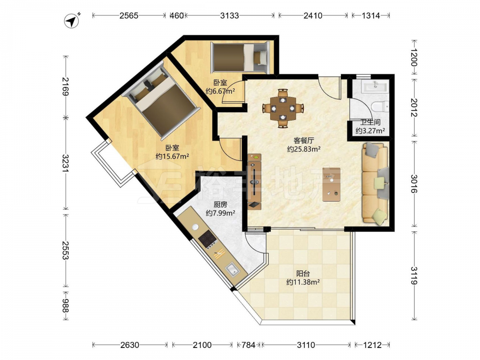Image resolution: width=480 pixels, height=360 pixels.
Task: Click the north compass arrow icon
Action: (x=72, y=21)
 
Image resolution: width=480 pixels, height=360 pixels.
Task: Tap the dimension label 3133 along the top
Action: (x=229, y=15)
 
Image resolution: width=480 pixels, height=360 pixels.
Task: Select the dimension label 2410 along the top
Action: (x=313, y=15)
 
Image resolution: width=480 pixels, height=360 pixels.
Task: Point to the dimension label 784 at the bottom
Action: (x=248, y=345)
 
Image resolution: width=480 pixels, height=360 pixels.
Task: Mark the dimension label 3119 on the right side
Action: (x=414, y=276)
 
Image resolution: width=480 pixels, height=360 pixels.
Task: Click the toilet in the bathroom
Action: (x=380, y=107)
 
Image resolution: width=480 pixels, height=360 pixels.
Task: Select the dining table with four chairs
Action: (x=283, y=108)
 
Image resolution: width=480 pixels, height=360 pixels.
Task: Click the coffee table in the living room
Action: (x=332, y=184)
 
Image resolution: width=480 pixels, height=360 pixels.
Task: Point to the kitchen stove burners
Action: (x=207, y=239)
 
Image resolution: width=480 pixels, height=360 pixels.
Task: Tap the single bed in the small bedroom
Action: (x=240, y=57)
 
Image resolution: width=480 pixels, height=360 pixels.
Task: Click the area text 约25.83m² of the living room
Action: (x=304, y=149)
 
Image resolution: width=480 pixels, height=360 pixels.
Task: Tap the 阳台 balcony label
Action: (x=303, y=274)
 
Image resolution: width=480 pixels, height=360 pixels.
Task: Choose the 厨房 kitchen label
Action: (x=220, y=204)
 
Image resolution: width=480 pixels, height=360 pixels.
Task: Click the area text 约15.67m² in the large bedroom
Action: (x=172, y=156)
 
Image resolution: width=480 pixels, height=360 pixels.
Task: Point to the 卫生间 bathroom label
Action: (x=370, y=122)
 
